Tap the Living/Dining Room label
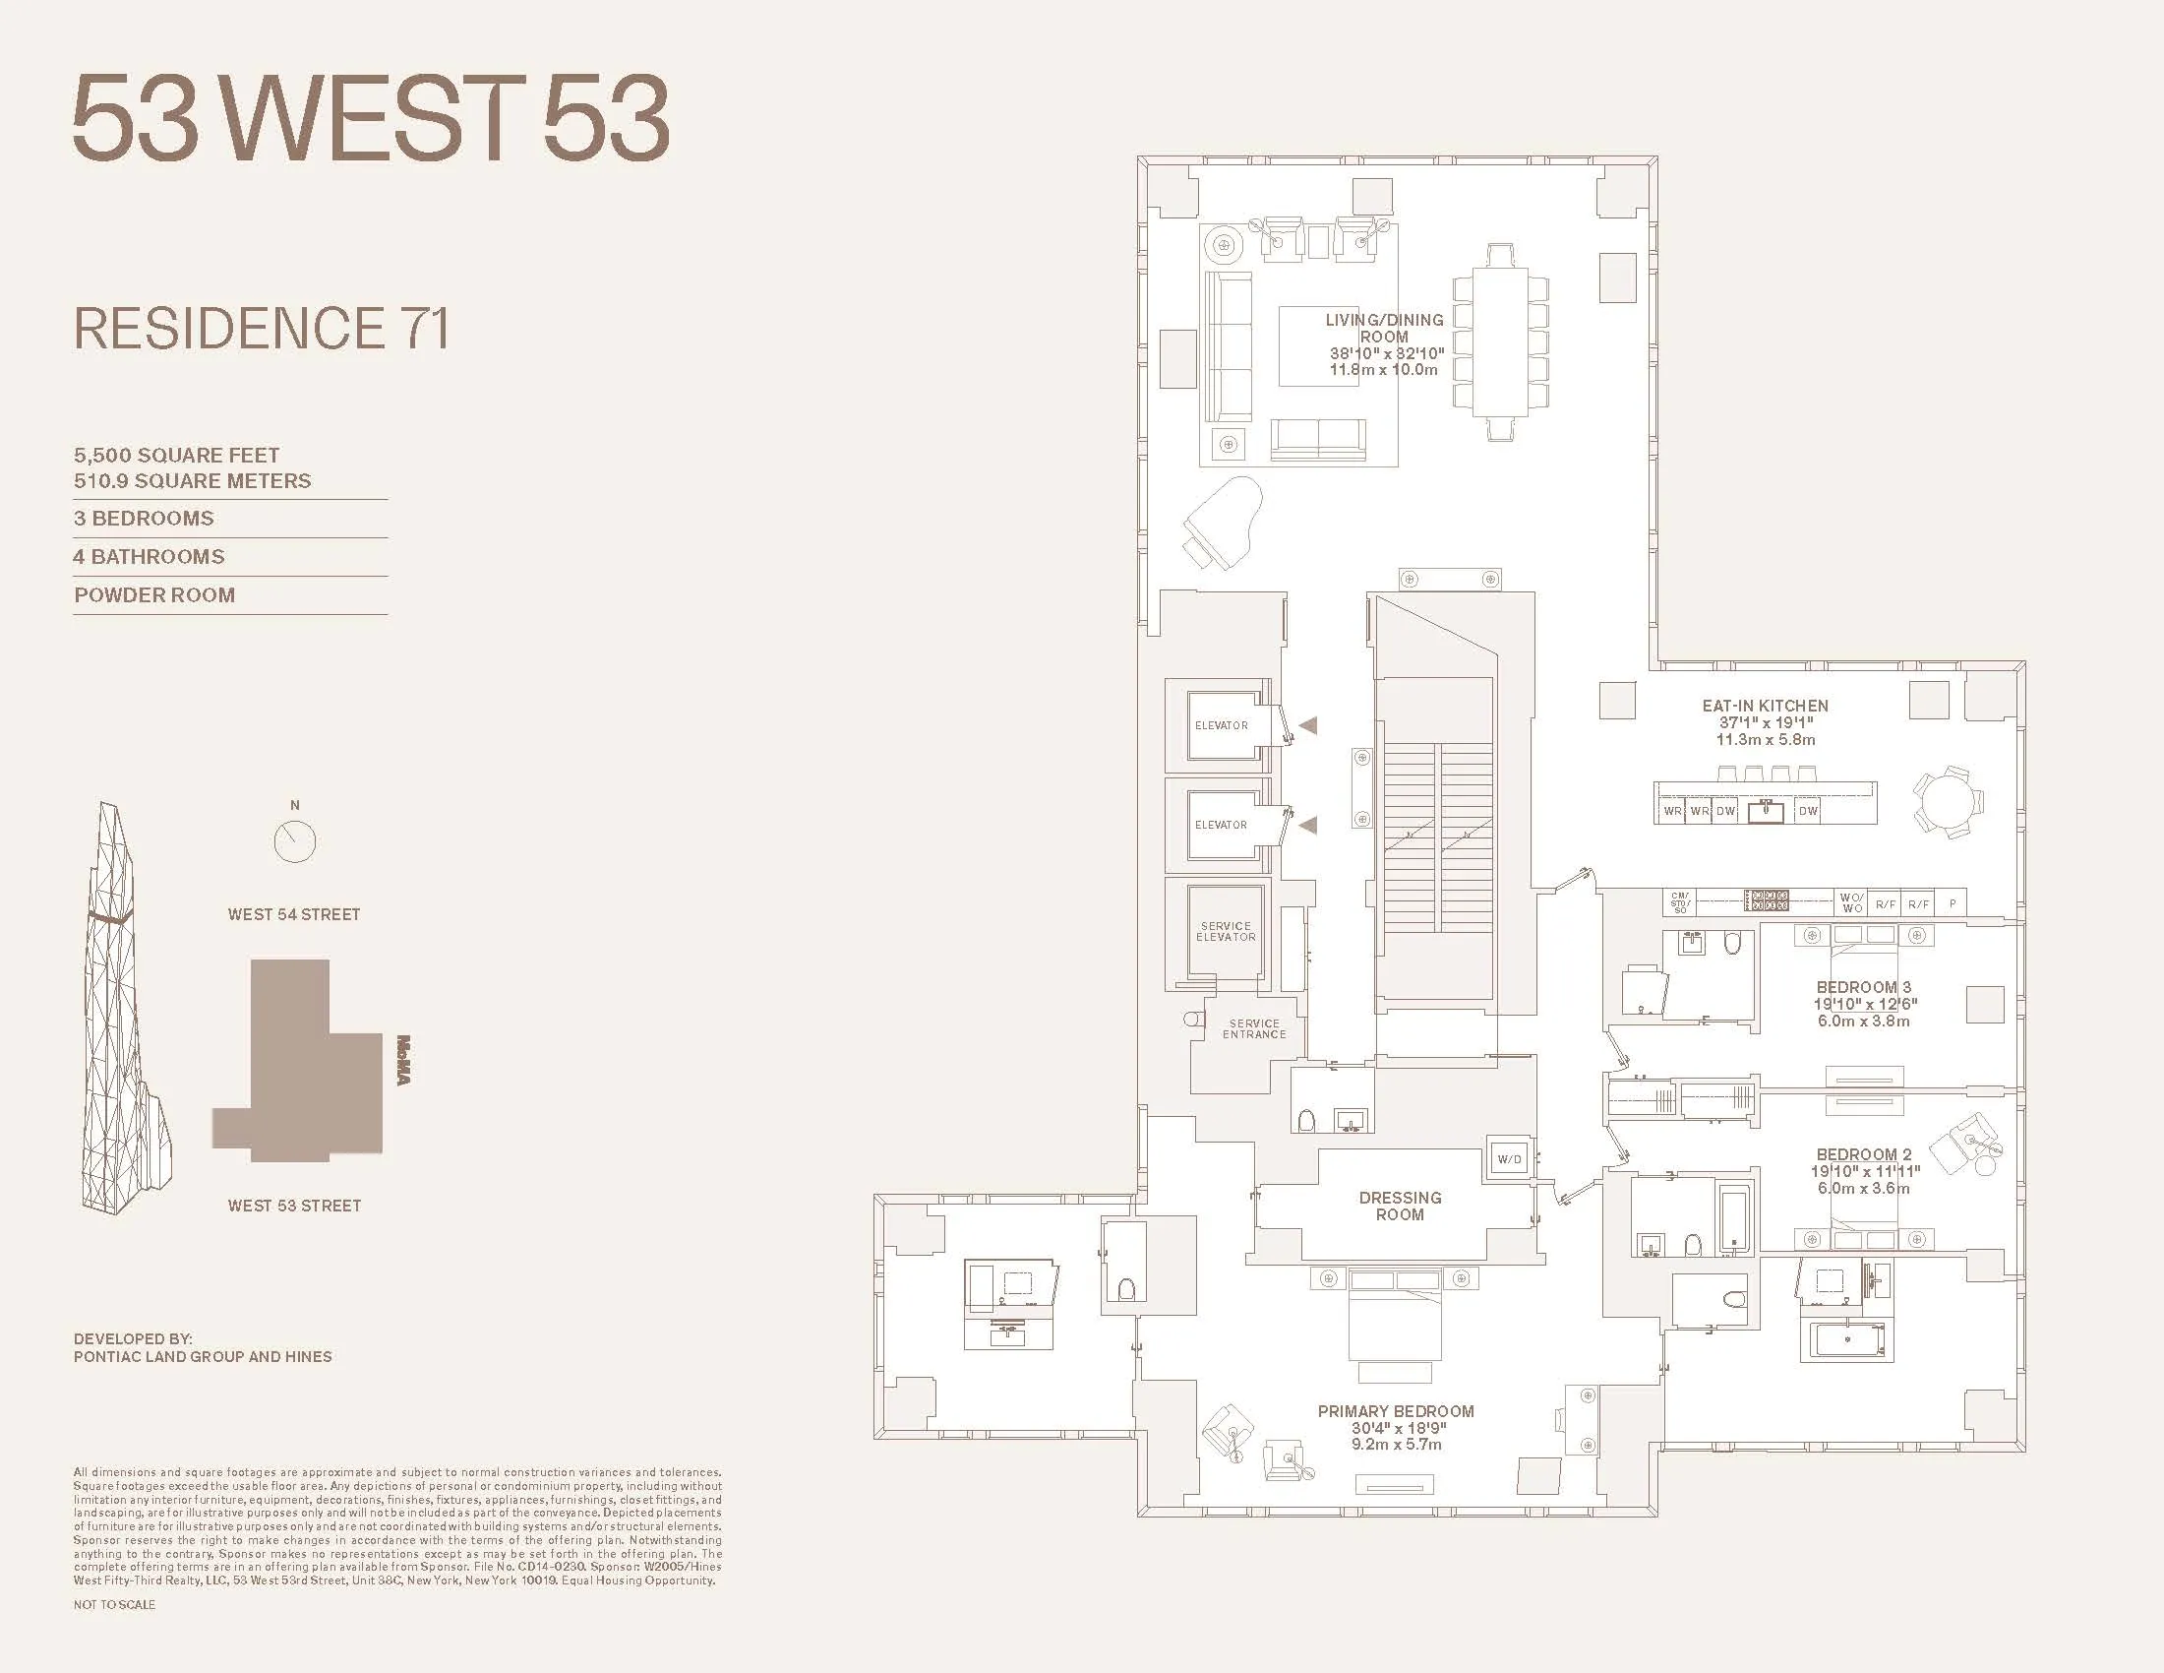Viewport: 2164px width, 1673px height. (1384, 328)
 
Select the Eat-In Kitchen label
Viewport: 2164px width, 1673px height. (1765, 706)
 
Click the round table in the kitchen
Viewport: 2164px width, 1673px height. (1948, 802)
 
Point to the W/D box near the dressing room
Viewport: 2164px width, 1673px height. (1509, 1158)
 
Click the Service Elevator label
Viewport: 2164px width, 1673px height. (1226, 931)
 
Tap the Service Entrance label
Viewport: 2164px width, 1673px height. (1253, 1028)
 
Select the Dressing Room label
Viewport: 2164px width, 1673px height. (1399, 1206)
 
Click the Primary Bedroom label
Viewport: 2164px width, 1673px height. (1395, 1410)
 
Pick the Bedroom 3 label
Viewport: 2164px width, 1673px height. (1863, 987)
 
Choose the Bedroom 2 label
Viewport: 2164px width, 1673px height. (1863, 1154)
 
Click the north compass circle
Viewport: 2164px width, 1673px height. (294, 841)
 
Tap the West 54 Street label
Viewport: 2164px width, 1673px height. (294, 914)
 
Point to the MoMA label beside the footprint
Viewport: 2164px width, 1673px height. (402, 1061)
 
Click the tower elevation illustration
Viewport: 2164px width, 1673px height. (124, 1011)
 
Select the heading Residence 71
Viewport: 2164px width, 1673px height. (262, 328)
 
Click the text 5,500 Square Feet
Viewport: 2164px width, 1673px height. (176, 455)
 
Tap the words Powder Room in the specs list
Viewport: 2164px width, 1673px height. (154, 594)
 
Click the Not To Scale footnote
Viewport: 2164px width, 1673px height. (114, 1604)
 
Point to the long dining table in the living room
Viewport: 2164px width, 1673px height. (1500, 341)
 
